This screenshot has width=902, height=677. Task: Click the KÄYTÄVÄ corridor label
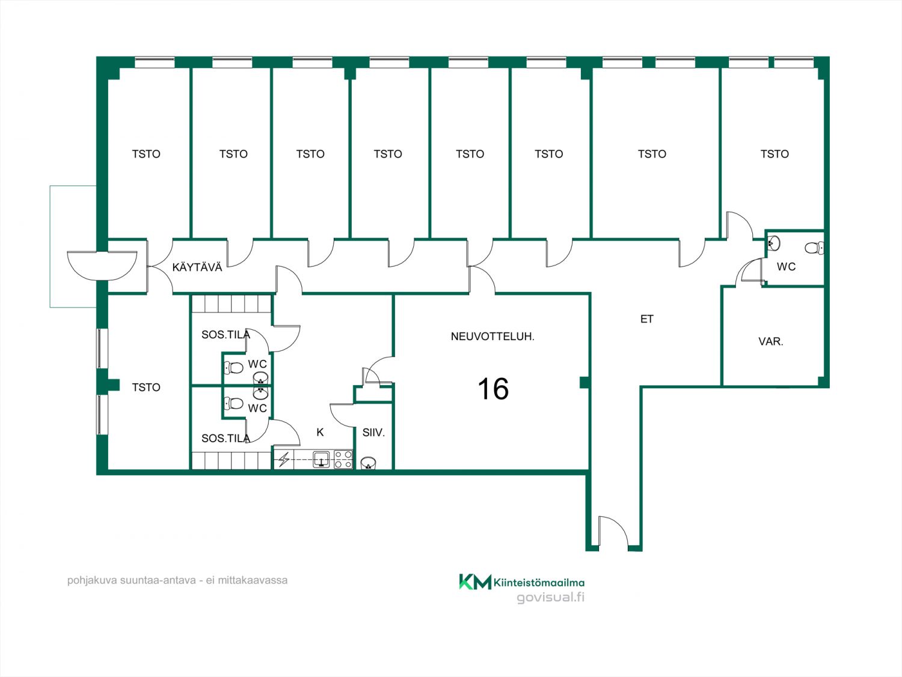pos(197,267)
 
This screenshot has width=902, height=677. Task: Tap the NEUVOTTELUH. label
pos(492,336)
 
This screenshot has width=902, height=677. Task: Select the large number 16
pos(493,389)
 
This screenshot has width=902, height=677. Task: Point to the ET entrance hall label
pos(647,319)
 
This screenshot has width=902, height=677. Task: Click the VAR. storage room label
pos(771,342)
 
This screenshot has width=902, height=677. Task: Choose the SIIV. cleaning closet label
pos(373,433)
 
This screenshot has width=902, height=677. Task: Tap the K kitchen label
pos(320,432)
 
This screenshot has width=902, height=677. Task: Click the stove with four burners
pos(343,460)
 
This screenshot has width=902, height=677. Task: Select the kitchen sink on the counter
pos(321,459)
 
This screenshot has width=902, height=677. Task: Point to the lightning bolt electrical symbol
pos(284,460)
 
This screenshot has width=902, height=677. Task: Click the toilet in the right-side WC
pos(814,248)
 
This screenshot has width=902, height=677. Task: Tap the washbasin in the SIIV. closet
pos(369,463)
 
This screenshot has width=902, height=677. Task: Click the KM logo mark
pos(475,582)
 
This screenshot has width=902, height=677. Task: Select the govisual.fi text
pos(551,597)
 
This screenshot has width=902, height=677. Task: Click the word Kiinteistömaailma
pos(539,583)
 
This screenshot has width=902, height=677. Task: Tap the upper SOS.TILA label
pos(226,335)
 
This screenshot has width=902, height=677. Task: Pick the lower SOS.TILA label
pos(226,438)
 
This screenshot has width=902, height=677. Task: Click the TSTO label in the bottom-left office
pos(146,387)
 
